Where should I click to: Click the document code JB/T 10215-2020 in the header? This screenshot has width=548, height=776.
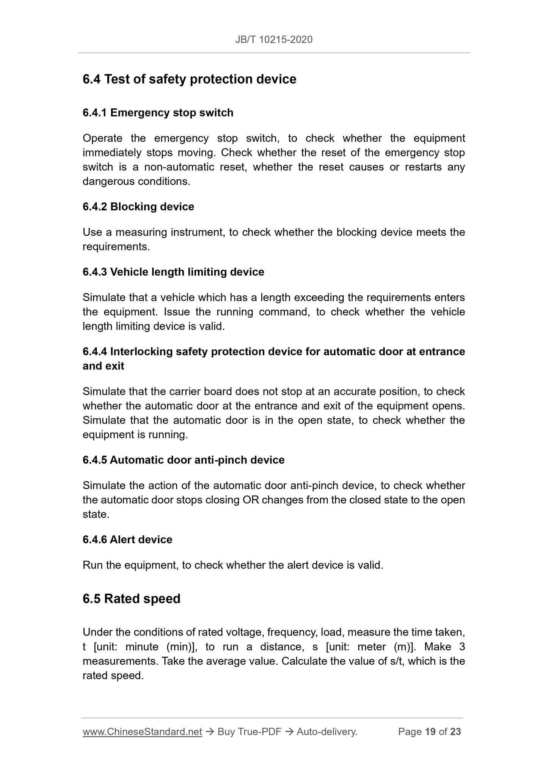[274, 39]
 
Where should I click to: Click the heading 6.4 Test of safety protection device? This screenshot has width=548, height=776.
[189, 79]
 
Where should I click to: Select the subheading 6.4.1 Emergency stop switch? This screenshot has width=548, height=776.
[158, 113]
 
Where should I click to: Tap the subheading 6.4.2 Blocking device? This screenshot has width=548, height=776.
[138, 207]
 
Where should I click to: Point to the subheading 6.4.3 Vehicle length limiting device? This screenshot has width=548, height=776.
[173, 272]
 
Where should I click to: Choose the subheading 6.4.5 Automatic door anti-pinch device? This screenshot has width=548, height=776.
[183, 460]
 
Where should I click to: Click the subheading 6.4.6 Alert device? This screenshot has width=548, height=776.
[127, 539]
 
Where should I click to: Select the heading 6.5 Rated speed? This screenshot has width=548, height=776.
[131, 599]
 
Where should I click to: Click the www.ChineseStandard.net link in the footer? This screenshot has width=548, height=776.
[142, 732]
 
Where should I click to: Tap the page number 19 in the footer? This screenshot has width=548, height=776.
[430, 732]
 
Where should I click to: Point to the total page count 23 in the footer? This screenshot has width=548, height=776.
[455, 732]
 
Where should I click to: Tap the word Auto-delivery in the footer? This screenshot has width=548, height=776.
[327, 732]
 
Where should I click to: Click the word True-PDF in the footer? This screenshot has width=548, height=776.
[259, 732]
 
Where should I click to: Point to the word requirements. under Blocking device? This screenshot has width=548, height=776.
[116, 247]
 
